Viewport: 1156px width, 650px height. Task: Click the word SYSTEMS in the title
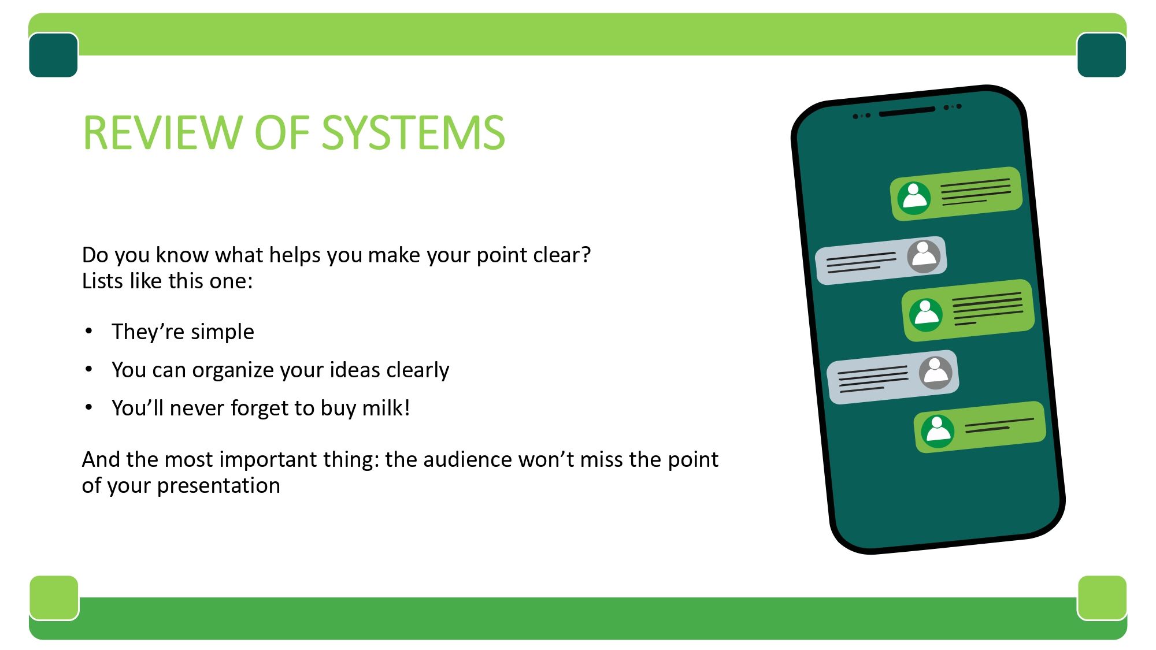413,133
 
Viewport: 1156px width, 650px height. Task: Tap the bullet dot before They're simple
88,331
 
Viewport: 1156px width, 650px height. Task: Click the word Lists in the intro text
102,281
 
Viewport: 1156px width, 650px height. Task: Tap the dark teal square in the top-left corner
53,55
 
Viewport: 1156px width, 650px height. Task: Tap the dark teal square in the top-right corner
1102,55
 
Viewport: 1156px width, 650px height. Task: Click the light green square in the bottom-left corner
54,597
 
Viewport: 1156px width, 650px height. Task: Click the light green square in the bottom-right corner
1102,597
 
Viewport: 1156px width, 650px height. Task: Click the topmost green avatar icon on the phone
914,198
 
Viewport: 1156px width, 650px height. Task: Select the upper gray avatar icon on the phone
924,256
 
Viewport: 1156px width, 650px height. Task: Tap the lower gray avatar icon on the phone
935,372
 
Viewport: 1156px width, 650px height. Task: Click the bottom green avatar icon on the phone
938,431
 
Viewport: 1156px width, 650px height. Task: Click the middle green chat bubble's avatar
926,315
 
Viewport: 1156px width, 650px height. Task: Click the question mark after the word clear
586,255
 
